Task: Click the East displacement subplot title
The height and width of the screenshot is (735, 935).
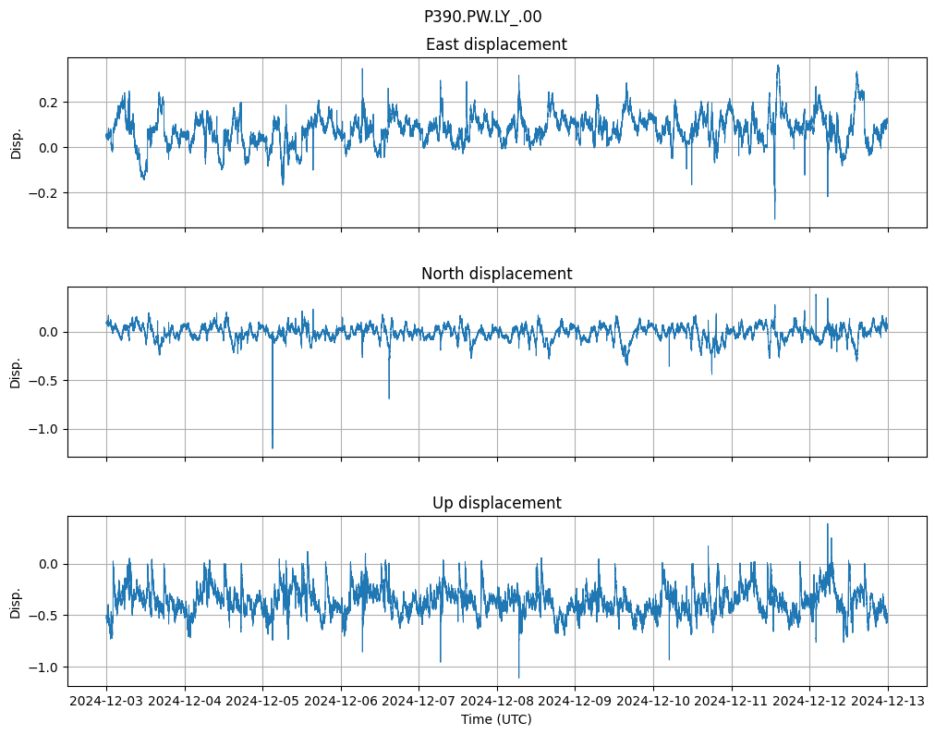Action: (496, 44)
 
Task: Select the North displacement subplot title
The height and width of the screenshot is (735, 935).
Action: (496, 274)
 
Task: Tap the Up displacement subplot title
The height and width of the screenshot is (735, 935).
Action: (496, 503)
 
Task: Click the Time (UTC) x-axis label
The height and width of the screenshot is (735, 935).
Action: (496, 719)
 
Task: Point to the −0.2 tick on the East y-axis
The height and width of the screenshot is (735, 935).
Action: (43, 193)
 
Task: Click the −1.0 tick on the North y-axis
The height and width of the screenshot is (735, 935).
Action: (43, 429)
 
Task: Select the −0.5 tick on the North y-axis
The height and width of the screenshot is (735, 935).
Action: (43, 380)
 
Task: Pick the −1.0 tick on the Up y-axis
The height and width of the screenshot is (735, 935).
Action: (43, 668)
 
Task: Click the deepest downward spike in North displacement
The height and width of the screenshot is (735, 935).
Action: (272, 447)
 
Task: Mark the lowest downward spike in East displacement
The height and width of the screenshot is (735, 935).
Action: (774, 218)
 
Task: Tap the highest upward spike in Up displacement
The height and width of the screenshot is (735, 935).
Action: (827, 524)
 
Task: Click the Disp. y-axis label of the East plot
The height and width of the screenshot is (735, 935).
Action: (16, 142)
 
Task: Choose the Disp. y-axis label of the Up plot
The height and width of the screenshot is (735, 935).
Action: (16, 601)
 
